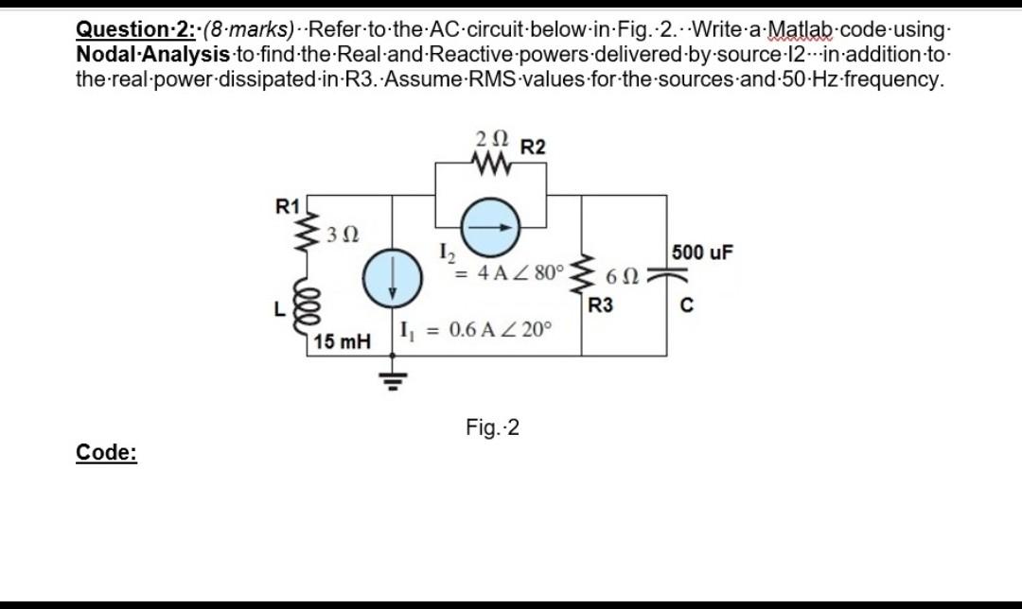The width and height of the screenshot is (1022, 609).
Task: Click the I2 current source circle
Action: [x=488, y=227]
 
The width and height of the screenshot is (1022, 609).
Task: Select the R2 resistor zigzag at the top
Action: [x=491, y=167]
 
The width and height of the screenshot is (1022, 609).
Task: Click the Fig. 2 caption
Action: [x=492, y=428]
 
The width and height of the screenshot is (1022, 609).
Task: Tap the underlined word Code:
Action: [x=106, y=453]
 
